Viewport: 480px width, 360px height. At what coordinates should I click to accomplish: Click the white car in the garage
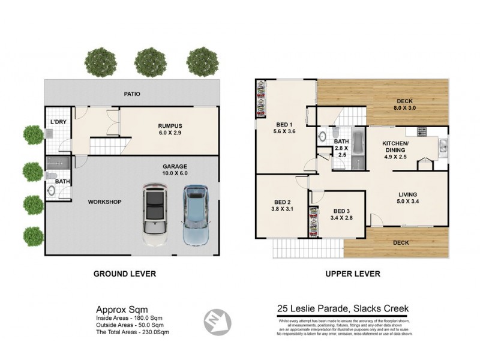(155, 215)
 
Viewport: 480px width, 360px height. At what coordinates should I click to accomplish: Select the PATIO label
(131, 94)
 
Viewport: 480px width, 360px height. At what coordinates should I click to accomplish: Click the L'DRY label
(58, 122)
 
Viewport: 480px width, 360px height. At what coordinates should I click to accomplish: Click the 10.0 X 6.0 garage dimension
(175, 173)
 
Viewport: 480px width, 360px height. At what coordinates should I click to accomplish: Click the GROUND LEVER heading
(125, 274)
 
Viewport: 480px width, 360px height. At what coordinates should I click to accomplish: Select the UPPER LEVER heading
(352, 274)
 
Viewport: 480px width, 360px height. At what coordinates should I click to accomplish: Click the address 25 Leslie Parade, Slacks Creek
(343, 309)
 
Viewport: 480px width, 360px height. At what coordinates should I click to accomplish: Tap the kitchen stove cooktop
(422, 131)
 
